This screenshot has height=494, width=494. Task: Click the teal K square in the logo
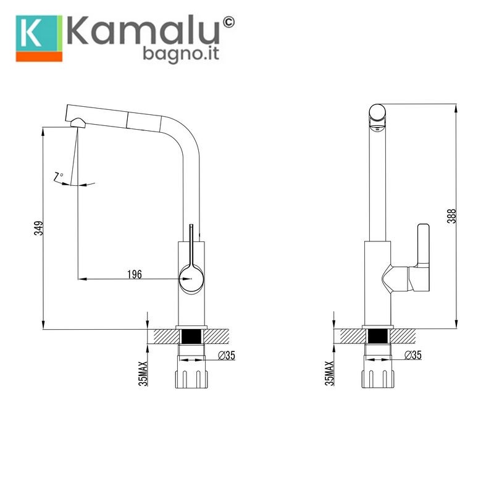click(37, 33)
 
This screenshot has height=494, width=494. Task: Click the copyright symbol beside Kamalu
click(228, 22)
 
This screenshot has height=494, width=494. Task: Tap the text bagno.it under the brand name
click(181, 54)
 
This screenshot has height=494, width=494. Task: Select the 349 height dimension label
click(38, 228)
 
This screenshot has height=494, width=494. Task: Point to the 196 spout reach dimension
click(135, 274)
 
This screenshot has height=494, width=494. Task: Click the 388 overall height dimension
click(451, 216)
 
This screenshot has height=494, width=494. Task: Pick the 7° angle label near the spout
click(58, 176)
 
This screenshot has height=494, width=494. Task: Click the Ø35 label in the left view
click(227, 356)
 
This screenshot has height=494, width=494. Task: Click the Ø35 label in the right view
click(413, 355)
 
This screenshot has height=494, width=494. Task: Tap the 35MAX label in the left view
click(143, 374)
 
